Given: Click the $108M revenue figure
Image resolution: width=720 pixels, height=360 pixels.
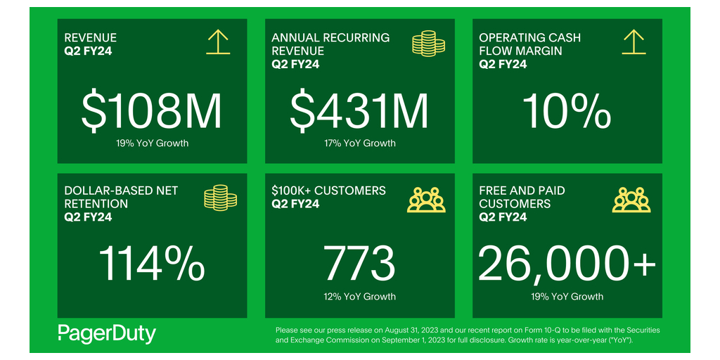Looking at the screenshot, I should [x=152, y=110].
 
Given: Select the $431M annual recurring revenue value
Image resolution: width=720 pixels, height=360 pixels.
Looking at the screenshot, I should [x=359, y=110].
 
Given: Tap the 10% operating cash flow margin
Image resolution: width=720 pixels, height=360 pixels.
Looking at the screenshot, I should [x=567, y=110].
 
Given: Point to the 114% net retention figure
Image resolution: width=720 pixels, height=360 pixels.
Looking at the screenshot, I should [x=152, y=264].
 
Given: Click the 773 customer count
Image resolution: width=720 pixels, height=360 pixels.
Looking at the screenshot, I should [x=359, y=264].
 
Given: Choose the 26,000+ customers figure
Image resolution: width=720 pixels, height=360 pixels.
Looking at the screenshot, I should [x=567, y=264].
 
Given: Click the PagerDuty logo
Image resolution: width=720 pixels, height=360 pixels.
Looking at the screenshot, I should [x=107, y=333].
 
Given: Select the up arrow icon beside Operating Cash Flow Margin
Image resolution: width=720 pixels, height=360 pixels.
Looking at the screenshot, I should [x=634, y=42].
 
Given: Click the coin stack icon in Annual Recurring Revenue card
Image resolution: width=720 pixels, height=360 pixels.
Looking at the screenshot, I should [x=427, y=44].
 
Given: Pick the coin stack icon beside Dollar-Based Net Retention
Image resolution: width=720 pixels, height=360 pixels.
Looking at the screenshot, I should [x=220, y=198].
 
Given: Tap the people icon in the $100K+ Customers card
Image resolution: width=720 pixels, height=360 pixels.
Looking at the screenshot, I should [x=427, y=200].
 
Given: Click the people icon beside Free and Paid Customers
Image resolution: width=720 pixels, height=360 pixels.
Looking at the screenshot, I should [x=632, y=200].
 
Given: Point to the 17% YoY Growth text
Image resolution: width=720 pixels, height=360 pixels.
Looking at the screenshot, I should [x=359, y=143].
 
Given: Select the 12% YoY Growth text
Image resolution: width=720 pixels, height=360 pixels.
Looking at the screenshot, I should [x=359, y=297].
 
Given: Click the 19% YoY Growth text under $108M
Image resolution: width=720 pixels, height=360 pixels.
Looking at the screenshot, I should [x=152, y=143].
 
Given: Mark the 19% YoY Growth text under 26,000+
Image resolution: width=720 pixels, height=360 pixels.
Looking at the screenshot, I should [x=567, y=297].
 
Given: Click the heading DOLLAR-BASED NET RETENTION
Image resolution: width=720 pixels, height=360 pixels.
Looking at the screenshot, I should [x=121, y=197].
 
